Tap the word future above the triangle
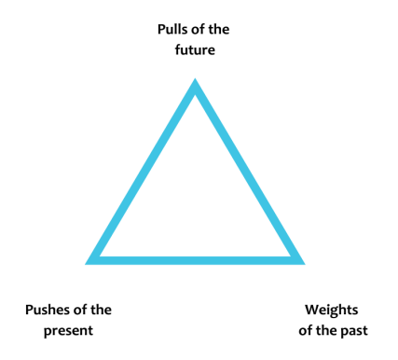click(195, 49)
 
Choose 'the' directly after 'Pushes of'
click(103, 311)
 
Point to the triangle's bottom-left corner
click(92, 258)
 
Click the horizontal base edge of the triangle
click(195, 257)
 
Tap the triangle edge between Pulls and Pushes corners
click(144, 172)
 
